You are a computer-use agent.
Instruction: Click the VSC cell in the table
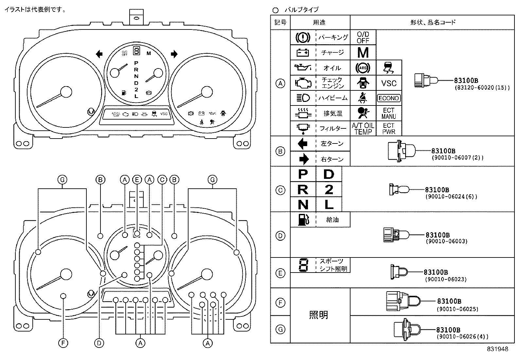coord(389,83)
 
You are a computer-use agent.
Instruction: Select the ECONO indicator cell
coord(389,98)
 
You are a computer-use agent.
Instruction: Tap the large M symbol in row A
coord(363,52)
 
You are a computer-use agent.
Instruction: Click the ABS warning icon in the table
coord(363,68)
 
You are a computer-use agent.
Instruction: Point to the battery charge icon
coord(303,52)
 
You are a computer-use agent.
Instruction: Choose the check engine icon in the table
coord(303,83)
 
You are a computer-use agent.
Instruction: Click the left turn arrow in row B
coord(303,144)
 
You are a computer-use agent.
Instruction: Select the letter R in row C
coord(303,189)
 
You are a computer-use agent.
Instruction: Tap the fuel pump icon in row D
coord(303,219)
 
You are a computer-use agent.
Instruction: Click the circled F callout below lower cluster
coord(63,343)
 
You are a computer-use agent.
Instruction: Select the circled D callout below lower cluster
coord(99,343)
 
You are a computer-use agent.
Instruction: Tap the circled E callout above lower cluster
coord(137,180)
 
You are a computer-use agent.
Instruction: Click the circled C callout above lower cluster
coord(162,180)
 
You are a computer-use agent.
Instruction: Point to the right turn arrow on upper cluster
coord(174,54)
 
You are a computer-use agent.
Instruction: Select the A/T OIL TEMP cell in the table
coord(363,129)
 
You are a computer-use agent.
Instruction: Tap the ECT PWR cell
coord(389,129)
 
